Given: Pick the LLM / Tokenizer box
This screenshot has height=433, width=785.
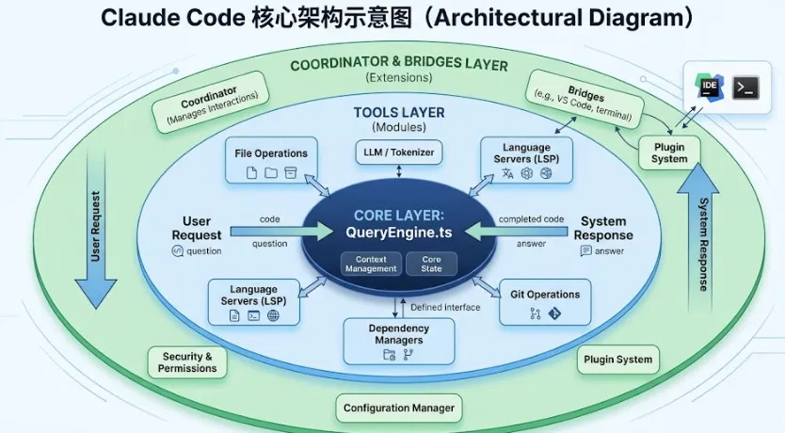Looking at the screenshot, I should [399, 151].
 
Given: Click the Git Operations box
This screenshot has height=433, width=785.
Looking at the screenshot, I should [544, 302].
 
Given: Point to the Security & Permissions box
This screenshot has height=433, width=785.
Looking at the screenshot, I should [187, 362].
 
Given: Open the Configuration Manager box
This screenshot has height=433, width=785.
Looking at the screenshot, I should [399, 408].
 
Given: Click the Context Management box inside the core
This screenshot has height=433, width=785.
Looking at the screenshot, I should [371, 264].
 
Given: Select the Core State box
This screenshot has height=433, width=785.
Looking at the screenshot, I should [432, 264].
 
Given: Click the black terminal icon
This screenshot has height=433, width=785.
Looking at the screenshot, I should [746, 88].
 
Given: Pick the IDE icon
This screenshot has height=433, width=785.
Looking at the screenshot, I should [712, 88].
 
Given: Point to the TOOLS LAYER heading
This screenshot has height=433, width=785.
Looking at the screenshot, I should [399, 113].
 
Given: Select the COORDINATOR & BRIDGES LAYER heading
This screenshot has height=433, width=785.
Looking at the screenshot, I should [399, 65].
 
